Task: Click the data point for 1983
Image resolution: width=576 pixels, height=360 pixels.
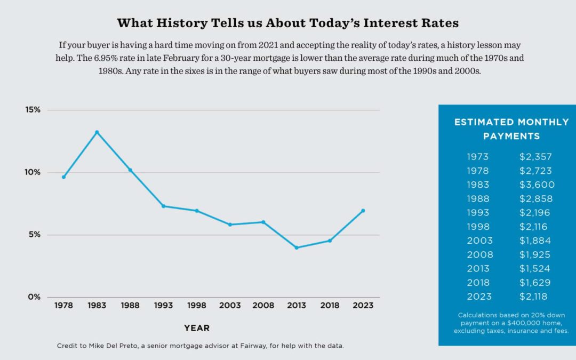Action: (97, 132)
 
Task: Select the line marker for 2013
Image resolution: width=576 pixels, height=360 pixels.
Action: (297, 247)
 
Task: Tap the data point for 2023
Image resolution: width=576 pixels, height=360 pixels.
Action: (363, 211)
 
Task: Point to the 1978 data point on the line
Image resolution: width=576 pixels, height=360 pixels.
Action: (63, 177)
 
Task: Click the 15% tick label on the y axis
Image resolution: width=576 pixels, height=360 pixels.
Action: (33, 110)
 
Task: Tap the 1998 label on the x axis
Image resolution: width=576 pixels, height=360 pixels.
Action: (197, 306)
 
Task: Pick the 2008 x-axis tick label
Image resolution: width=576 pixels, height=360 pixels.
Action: (263, 306)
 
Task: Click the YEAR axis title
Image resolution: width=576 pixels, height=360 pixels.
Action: (197, 328)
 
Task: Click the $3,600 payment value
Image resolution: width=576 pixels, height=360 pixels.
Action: (537, 185)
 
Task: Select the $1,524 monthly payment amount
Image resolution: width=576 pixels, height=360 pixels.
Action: (535, 268)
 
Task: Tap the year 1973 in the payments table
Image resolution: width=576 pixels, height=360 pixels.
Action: (477, 157)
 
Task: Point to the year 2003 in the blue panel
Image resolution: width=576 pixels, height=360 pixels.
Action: (479, 241)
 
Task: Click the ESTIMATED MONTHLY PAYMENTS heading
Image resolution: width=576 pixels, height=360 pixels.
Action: (511, 129)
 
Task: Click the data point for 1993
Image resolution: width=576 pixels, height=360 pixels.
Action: (163, 206)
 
